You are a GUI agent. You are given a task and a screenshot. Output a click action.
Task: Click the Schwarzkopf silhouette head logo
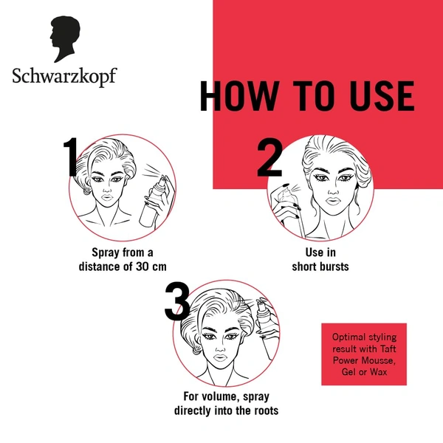point(64,41)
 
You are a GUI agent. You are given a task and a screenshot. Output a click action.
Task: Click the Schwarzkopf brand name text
point(64,77)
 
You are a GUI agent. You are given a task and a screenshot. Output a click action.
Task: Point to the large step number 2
point(270,156)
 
